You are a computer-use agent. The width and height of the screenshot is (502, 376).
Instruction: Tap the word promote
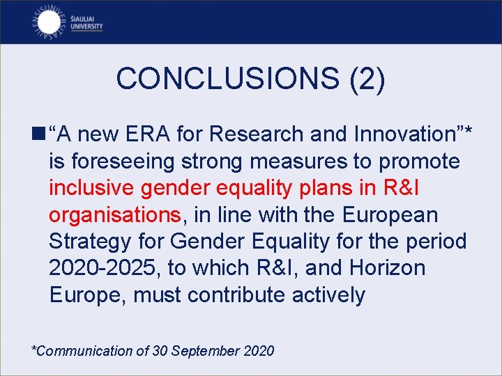(x=419, y=162)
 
